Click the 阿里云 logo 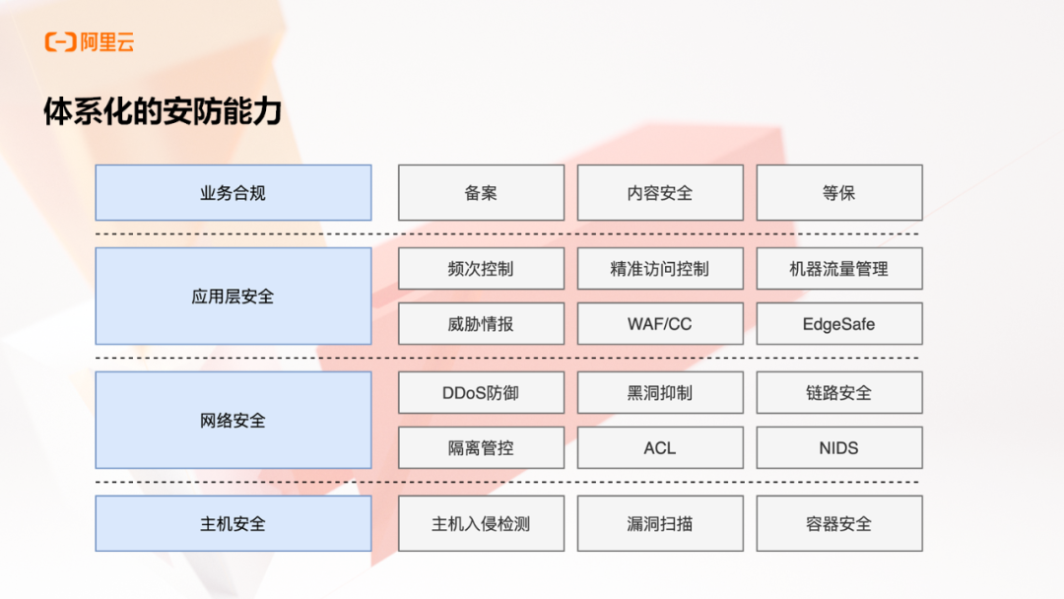tap(90, 42)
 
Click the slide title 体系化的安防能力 tap(163, 111)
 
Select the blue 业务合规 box tap(233, 193)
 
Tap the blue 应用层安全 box tap(233, 296)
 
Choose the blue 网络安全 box tap(233, 420)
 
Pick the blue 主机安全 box tap(233, 523)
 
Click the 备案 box tap(481, 193)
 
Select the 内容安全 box tap(660, 193)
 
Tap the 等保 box tap(839, 193)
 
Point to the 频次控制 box tap(481, 268)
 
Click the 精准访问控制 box tap(660, 268)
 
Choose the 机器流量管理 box tap(839, 268)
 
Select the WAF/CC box tap(660, 323)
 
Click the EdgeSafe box tap(839, 323)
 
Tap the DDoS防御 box tap(481, 392)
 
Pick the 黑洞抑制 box tap(660, 392)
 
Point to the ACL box tap(660, 447)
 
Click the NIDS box tap(839, 447)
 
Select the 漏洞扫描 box tap(660, 523)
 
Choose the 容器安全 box tap(839, 523)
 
